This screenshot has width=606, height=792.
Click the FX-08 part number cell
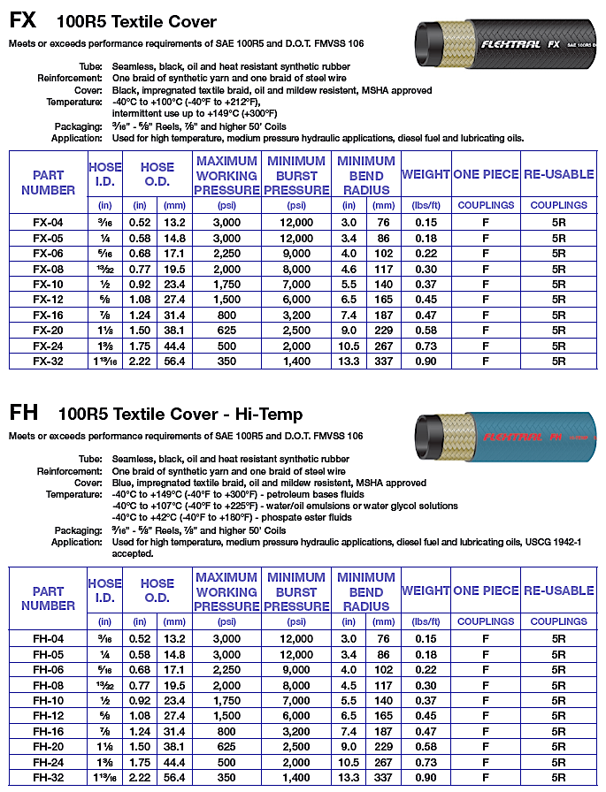coord(48,269)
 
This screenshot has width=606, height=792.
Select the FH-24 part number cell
coord(48,762)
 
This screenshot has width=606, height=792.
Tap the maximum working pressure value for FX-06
coord(226,254)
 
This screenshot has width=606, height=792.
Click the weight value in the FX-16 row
coord(426,315)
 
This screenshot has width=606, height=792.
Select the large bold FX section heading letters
coord(24,22)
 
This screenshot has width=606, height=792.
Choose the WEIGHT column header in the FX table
coord(426,174)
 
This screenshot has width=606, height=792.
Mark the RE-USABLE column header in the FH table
coord(558,590)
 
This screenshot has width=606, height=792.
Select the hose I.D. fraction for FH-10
coord(105,700)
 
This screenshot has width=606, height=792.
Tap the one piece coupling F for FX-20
coord(485,330)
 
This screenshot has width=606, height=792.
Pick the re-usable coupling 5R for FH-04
coord(558,638)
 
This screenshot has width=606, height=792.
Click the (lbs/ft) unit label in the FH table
coord(426,621)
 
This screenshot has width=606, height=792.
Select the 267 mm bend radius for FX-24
coord(381,346)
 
